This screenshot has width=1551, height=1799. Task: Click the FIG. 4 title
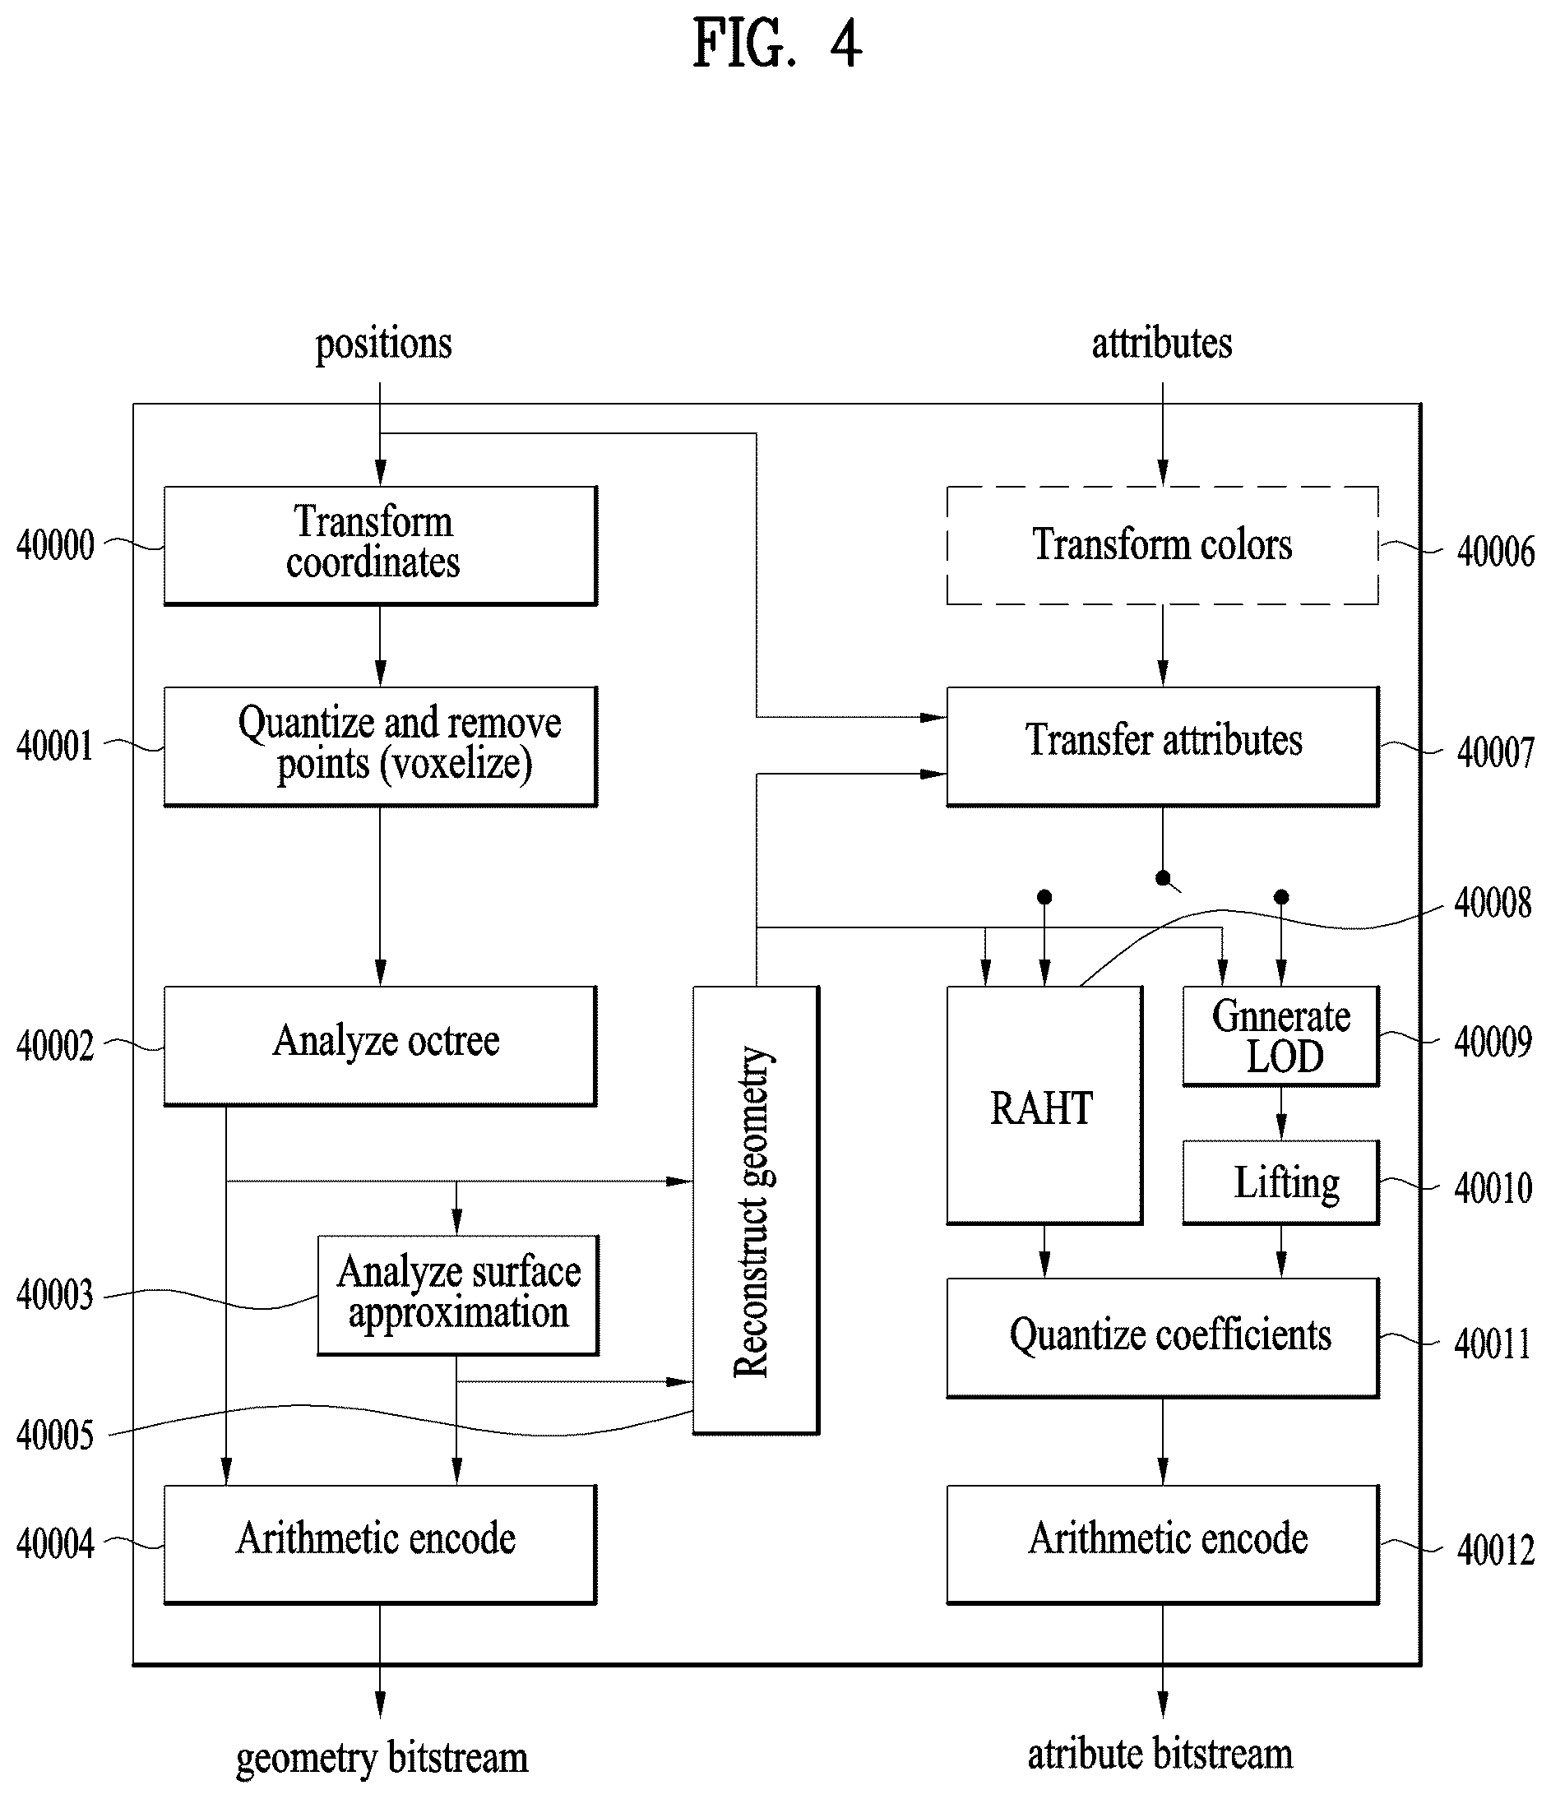(x=777, y=44)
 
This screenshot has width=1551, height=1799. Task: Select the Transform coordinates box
(x=381, y=545)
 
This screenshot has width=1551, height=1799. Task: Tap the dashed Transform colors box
(x=1162, y=545)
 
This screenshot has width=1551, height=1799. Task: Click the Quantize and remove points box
(x=381, y=747)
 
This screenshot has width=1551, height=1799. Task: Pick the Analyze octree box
(x=381, y=1045)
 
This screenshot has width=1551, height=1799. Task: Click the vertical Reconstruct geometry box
(x=756, y=1210)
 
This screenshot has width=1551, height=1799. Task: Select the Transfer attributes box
(x=1162, y=747)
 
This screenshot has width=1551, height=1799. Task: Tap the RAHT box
(x=1044, y=1105)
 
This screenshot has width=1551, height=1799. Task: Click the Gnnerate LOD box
(x=1281, y=1036)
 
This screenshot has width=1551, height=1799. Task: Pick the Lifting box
(x=1281, y=1182)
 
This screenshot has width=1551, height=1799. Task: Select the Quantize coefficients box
(x=1162, y=1337)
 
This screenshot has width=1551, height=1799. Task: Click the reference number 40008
(x=1493, y=904)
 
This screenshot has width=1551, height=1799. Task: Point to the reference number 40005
(x=55, y=1436)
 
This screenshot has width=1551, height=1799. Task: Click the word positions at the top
(x=383, y=344)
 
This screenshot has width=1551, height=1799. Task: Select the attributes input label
(x=1162, y=343)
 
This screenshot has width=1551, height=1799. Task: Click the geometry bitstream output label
(x=382, y=1758)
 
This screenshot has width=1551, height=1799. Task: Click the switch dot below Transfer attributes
(x=1163, y=878)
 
